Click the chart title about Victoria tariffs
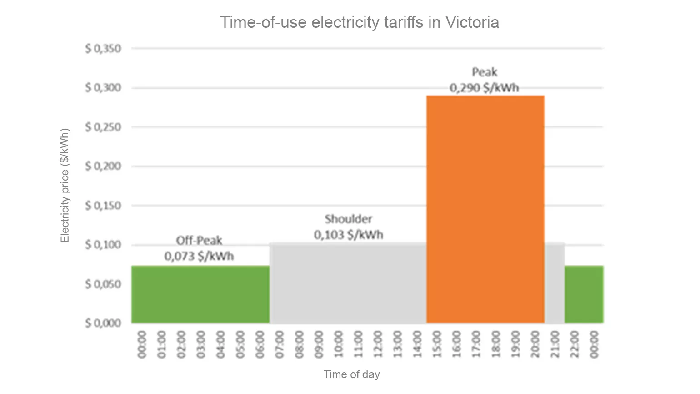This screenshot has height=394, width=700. [x=360, y=22]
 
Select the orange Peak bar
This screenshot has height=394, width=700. [x=485, y=209]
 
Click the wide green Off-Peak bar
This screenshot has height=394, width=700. [x=200, y=294]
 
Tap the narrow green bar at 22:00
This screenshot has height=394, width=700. [x=584, y=294]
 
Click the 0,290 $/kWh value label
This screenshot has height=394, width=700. [x=484, y=87]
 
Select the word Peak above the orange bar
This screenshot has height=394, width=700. [x=485, y=72]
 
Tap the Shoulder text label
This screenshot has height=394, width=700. [x=348, y=219]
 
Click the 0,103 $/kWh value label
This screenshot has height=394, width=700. [x=348, y=235]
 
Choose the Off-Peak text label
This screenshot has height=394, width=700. [x=199, y=240]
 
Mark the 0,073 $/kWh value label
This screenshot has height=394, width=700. [x=199, y=256]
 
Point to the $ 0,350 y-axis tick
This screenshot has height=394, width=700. [x=103, y=49]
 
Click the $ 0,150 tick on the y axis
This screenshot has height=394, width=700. [x=103, y=206]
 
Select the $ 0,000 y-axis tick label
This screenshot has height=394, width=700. [x=103, y=323]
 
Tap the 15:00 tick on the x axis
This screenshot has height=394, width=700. [x=436, y=344]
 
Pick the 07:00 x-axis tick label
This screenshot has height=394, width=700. [x=280, y=344]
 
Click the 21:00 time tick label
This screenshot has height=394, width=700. [x=555, y=344]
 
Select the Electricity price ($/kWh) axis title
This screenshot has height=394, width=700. [x=65, y=186]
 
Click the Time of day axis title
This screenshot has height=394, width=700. [x=351, y=374]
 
